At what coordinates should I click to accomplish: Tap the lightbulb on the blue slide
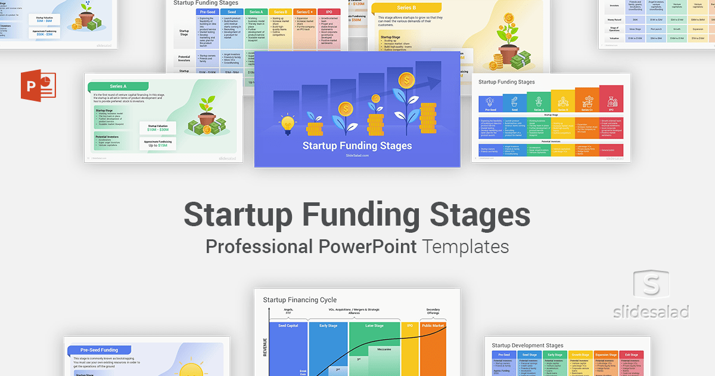(x=288, y=124)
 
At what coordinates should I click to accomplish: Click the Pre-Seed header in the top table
(x=208, y=11)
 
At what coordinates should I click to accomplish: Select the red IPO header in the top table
(x=329, y=11)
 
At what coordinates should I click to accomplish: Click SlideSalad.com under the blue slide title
(x=357, y=155)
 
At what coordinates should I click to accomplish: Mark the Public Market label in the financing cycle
(x=433, y=326)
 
